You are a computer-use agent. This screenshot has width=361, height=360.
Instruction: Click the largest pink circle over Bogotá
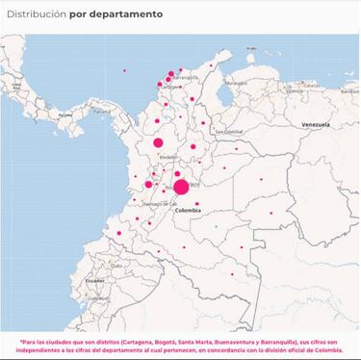(181, 187)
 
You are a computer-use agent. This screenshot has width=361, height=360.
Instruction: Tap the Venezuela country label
(316, 125)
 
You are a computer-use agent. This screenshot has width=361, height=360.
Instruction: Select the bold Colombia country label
(188, 209)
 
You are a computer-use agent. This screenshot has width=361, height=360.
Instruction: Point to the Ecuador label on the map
(93, 280)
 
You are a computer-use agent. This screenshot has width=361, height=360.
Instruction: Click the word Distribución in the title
(38, 15)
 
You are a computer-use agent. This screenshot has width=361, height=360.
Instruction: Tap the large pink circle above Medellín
(158, 143)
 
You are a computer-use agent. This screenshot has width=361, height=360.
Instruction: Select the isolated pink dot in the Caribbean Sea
(124, 70)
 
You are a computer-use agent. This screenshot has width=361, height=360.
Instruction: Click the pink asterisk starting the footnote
(20, 340)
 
